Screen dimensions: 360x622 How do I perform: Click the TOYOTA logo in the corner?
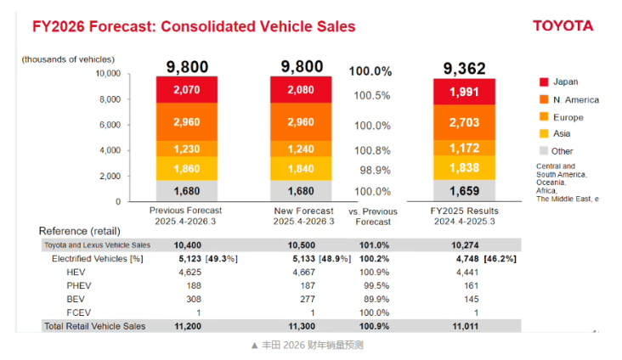(x=563, y=25)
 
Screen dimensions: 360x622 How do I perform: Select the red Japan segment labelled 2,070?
(x=186, y=89)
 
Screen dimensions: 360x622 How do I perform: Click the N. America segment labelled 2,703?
(x=464, y=122)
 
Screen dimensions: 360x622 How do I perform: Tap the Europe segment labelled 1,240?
(x=301, y=149)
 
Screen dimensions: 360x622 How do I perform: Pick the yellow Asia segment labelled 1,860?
(x=186, y=169)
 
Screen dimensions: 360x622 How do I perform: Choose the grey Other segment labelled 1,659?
(x=464, y=191)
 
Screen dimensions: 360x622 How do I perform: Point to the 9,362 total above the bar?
(x=464, y=67)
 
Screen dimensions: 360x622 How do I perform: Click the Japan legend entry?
(x=565, y=82)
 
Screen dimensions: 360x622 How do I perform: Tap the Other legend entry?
(x=562, y=151)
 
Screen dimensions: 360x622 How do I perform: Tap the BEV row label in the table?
(x=76, y=299)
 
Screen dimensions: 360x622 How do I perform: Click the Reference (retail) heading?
(x=80, y=231)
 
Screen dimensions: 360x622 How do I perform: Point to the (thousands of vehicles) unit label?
(x=68, y=59)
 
